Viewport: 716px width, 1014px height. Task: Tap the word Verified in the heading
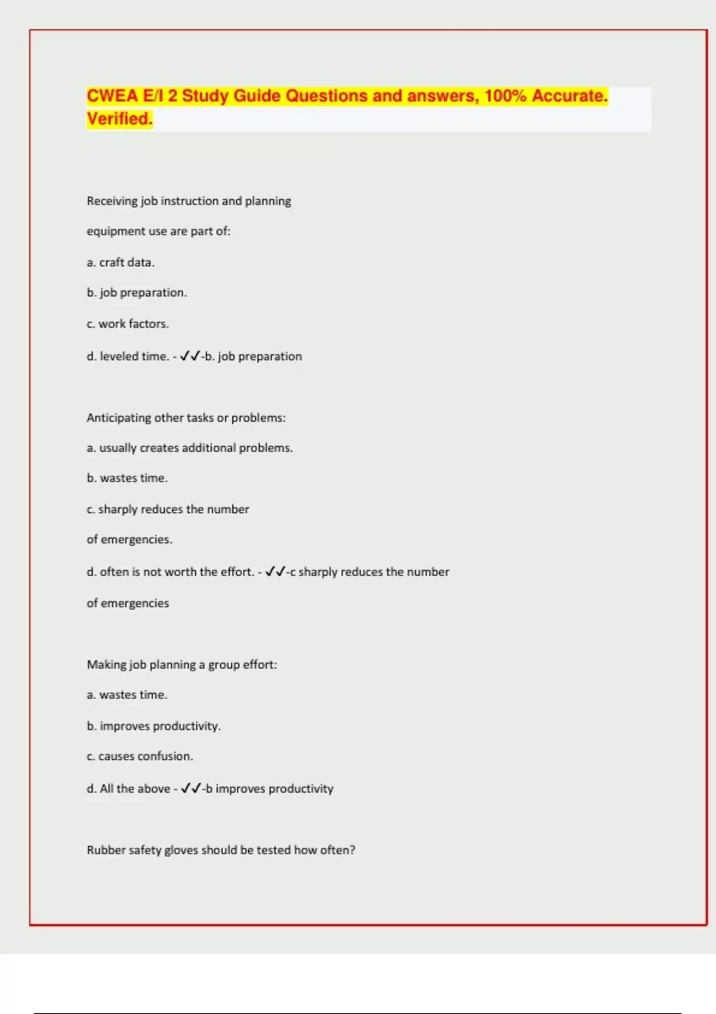pos(119,119)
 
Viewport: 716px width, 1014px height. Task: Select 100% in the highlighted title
pos(505,96)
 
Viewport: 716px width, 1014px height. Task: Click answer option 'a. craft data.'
pos(121,262)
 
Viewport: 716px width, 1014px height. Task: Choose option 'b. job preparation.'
pos(137,293)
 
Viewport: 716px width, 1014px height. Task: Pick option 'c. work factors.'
pos(128,324)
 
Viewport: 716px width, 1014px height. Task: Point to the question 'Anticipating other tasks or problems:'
pos(186,418)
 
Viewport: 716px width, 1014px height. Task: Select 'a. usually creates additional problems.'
pos(190,448)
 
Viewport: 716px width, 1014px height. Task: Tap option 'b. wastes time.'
pos(127,478)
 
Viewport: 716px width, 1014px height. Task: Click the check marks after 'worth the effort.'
pos(275,571)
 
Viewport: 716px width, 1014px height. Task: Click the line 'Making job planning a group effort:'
pos(182,664)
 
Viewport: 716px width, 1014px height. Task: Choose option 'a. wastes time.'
pos(127,695)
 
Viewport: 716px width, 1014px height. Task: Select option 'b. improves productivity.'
pos(153,726)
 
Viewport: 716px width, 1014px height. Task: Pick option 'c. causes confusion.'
pos(140,756)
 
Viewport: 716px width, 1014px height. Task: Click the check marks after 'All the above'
pos(190,789)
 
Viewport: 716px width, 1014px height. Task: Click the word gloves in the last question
pos(181,850)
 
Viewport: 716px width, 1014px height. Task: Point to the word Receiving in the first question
pos(112,201)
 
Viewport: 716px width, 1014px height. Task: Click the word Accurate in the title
pos(569,96)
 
